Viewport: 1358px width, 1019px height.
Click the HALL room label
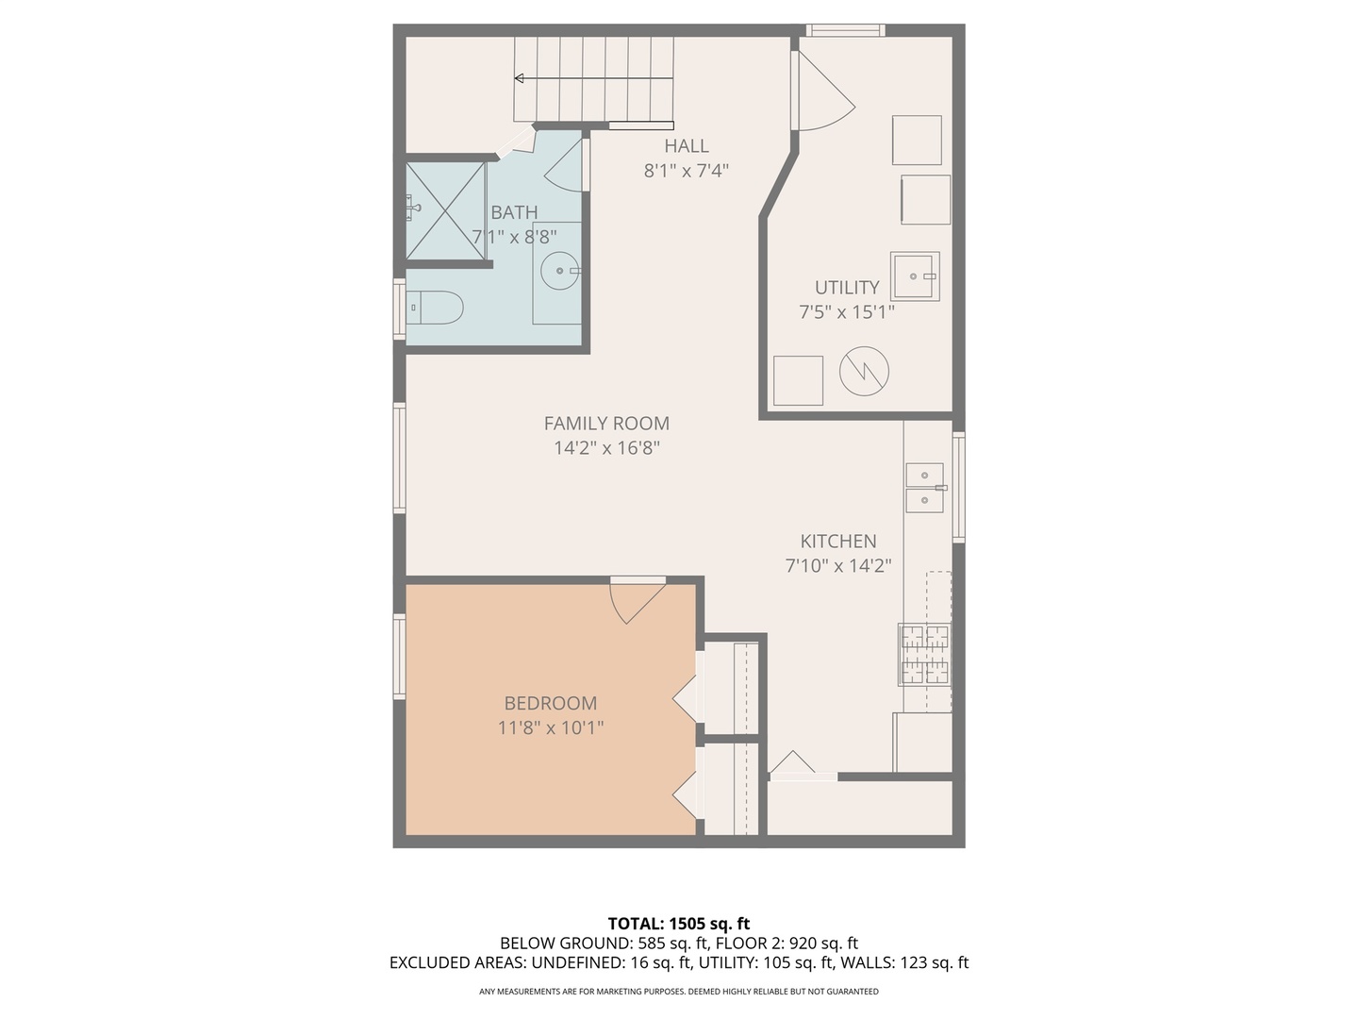tap(686, 145)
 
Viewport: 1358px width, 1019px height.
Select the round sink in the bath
tap(560, 272)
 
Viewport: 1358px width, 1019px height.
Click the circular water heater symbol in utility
tap(864, 372)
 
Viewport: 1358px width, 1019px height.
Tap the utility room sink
tap(915, 276)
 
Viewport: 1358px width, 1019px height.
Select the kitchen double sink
tap(925, 487)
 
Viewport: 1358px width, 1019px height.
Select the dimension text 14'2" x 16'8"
tap(606, 448)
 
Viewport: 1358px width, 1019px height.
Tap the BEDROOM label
tap(550, 703)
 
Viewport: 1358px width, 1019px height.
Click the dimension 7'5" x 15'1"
tap(846, 311)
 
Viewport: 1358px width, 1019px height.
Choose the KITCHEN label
tap(838, 541)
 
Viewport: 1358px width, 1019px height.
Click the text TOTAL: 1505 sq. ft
tap(678, 923)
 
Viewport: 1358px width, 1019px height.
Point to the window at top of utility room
tap(845, 30)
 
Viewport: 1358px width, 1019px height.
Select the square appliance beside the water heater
tap(798, 380)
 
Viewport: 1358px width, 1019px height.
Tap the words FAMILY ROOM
tap(606, 424)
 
